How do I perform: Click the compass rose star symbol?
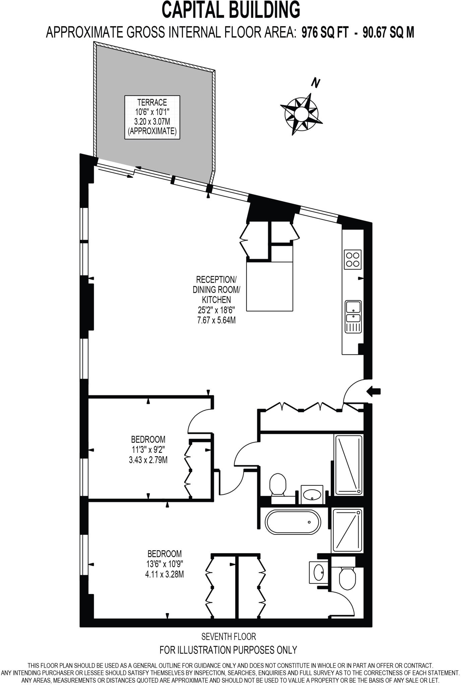click(x=301, y=114)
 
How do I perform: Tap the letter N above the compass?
click(x=315, y=83)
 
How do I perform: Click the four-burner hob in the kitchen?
click(x=353, y=259)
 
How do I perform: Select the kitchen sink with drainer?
click(x=353, y=316)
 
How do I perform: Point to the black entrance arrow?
click(x=374, y=391)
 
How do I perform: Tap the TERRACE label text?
click(x=152, y=102)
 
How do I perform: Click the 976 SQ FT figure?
click(x=325, y=33)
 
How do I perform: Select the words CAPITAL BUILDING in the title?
click(x=231, y=10)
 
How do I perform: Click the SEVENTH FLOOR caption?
click(x=228, y=636)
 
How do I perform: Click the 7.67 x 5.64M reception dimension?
click(x=216, y=320)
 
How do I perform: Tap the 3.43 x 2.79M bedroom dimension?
click(x=148, y=460)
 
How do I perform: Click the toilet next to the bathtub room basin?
click(x=277, y=485)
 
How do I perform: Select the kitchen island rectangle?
click(x=270, y=286)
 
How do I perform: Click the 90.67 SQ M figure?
click(x=388, y=33)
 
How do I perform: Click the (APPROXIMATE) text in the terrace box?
click(x=152, y=131)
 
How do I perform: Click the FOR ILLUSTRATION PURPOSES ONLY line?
click(x=228, y=650)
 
